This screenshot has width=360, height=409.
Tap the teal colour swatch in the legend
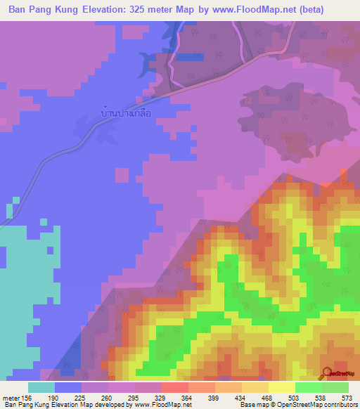pos(41,387)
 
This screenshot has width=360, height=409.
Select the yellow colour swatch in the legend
pos(282,387)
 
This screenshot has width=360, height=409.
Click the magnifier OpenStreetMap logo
pos(328,374)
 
